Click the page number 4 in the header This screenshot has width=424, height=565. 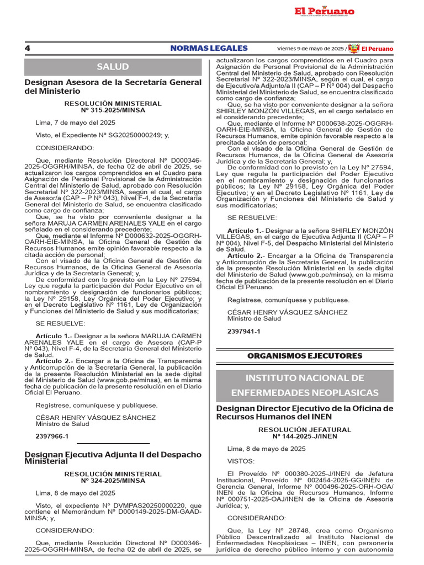point(27,48)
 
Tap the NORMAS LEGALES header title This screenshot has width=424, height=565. point(209,48)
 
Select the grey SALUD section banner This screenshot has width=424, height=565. point(113,67)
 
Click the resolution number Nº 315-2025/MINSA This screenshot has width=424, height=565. point(113,110)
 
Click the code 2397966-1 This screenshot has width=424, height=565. point(52,436)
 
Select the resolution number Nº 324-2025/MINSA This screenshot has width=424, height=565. point(113,481)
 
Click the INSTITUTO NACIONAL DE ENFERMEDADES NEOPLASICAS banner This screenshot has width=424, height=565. point(305,385)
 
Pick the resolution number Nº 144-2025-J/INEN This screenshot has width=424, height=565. point(305,436)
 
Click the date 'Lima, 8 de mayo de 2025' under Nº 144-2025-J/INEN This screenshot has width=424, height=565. point(267,449)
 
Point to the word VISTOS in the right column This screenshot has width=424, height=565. point(241,461)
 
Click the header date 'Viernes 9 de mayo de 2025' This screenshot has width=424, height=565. point(311,49)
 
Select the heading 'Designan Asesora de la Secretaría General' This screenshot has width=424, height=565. point(113,82)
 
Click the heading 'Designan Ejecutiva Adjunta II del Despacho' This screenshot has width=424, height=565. point(113,454)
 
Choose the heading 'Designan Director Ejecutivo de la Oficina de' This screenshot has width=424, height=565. point(305,408)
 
